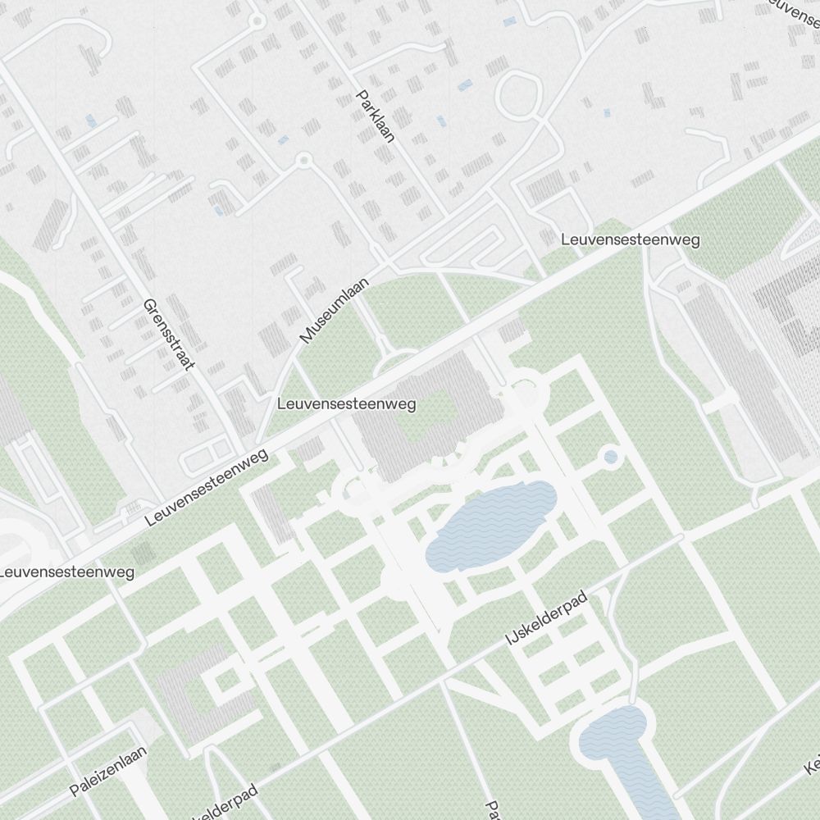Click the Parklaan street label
pos(376,116)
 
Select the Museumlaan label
pos(334,310)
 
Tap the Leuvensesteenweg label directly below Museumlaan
pos(346,404)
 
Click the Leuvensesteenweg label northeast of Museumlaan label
pos(630,239)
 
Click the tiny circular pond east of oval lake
pos(610,457)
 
